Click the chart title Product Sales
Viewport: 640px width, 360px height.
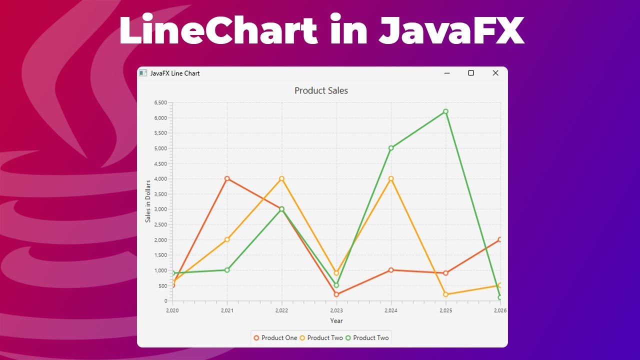click(x=321, y=90)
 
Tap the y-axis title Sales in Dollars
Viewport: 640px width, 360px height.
click(x=148, y=201)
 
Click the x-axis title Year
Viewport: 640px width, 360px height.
click(x=336, y=320)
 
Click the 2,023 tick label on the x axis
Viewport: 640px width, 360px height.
click(x=336, y=310)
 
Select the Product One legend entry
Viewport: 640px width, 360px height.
click(x=275, y=338)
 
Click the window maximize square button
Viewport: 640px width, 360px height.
click(x=470, y=73)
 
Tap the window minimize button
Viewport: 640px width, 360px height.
click(x=447, y=73)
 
